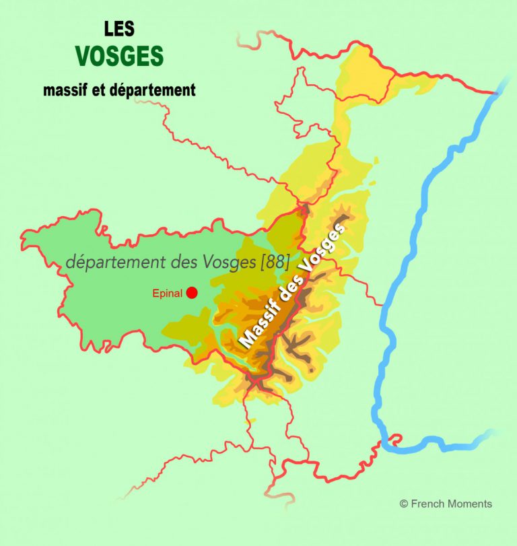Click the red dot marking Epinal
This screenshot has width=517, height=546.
pos(192,292)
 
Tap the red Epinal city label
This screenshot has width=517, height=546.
pos(168,293)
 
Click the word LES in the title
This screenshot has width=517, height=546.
pos(119,28)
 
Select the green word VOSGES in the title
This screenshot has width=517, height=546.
pos(120,57)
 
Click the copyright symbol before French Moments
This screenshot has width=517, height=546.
pos(404,504)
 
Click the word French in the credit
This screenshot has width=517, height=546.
pos(427,504)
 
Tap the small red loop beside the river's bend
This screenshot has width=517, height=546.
pos(395,439)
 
